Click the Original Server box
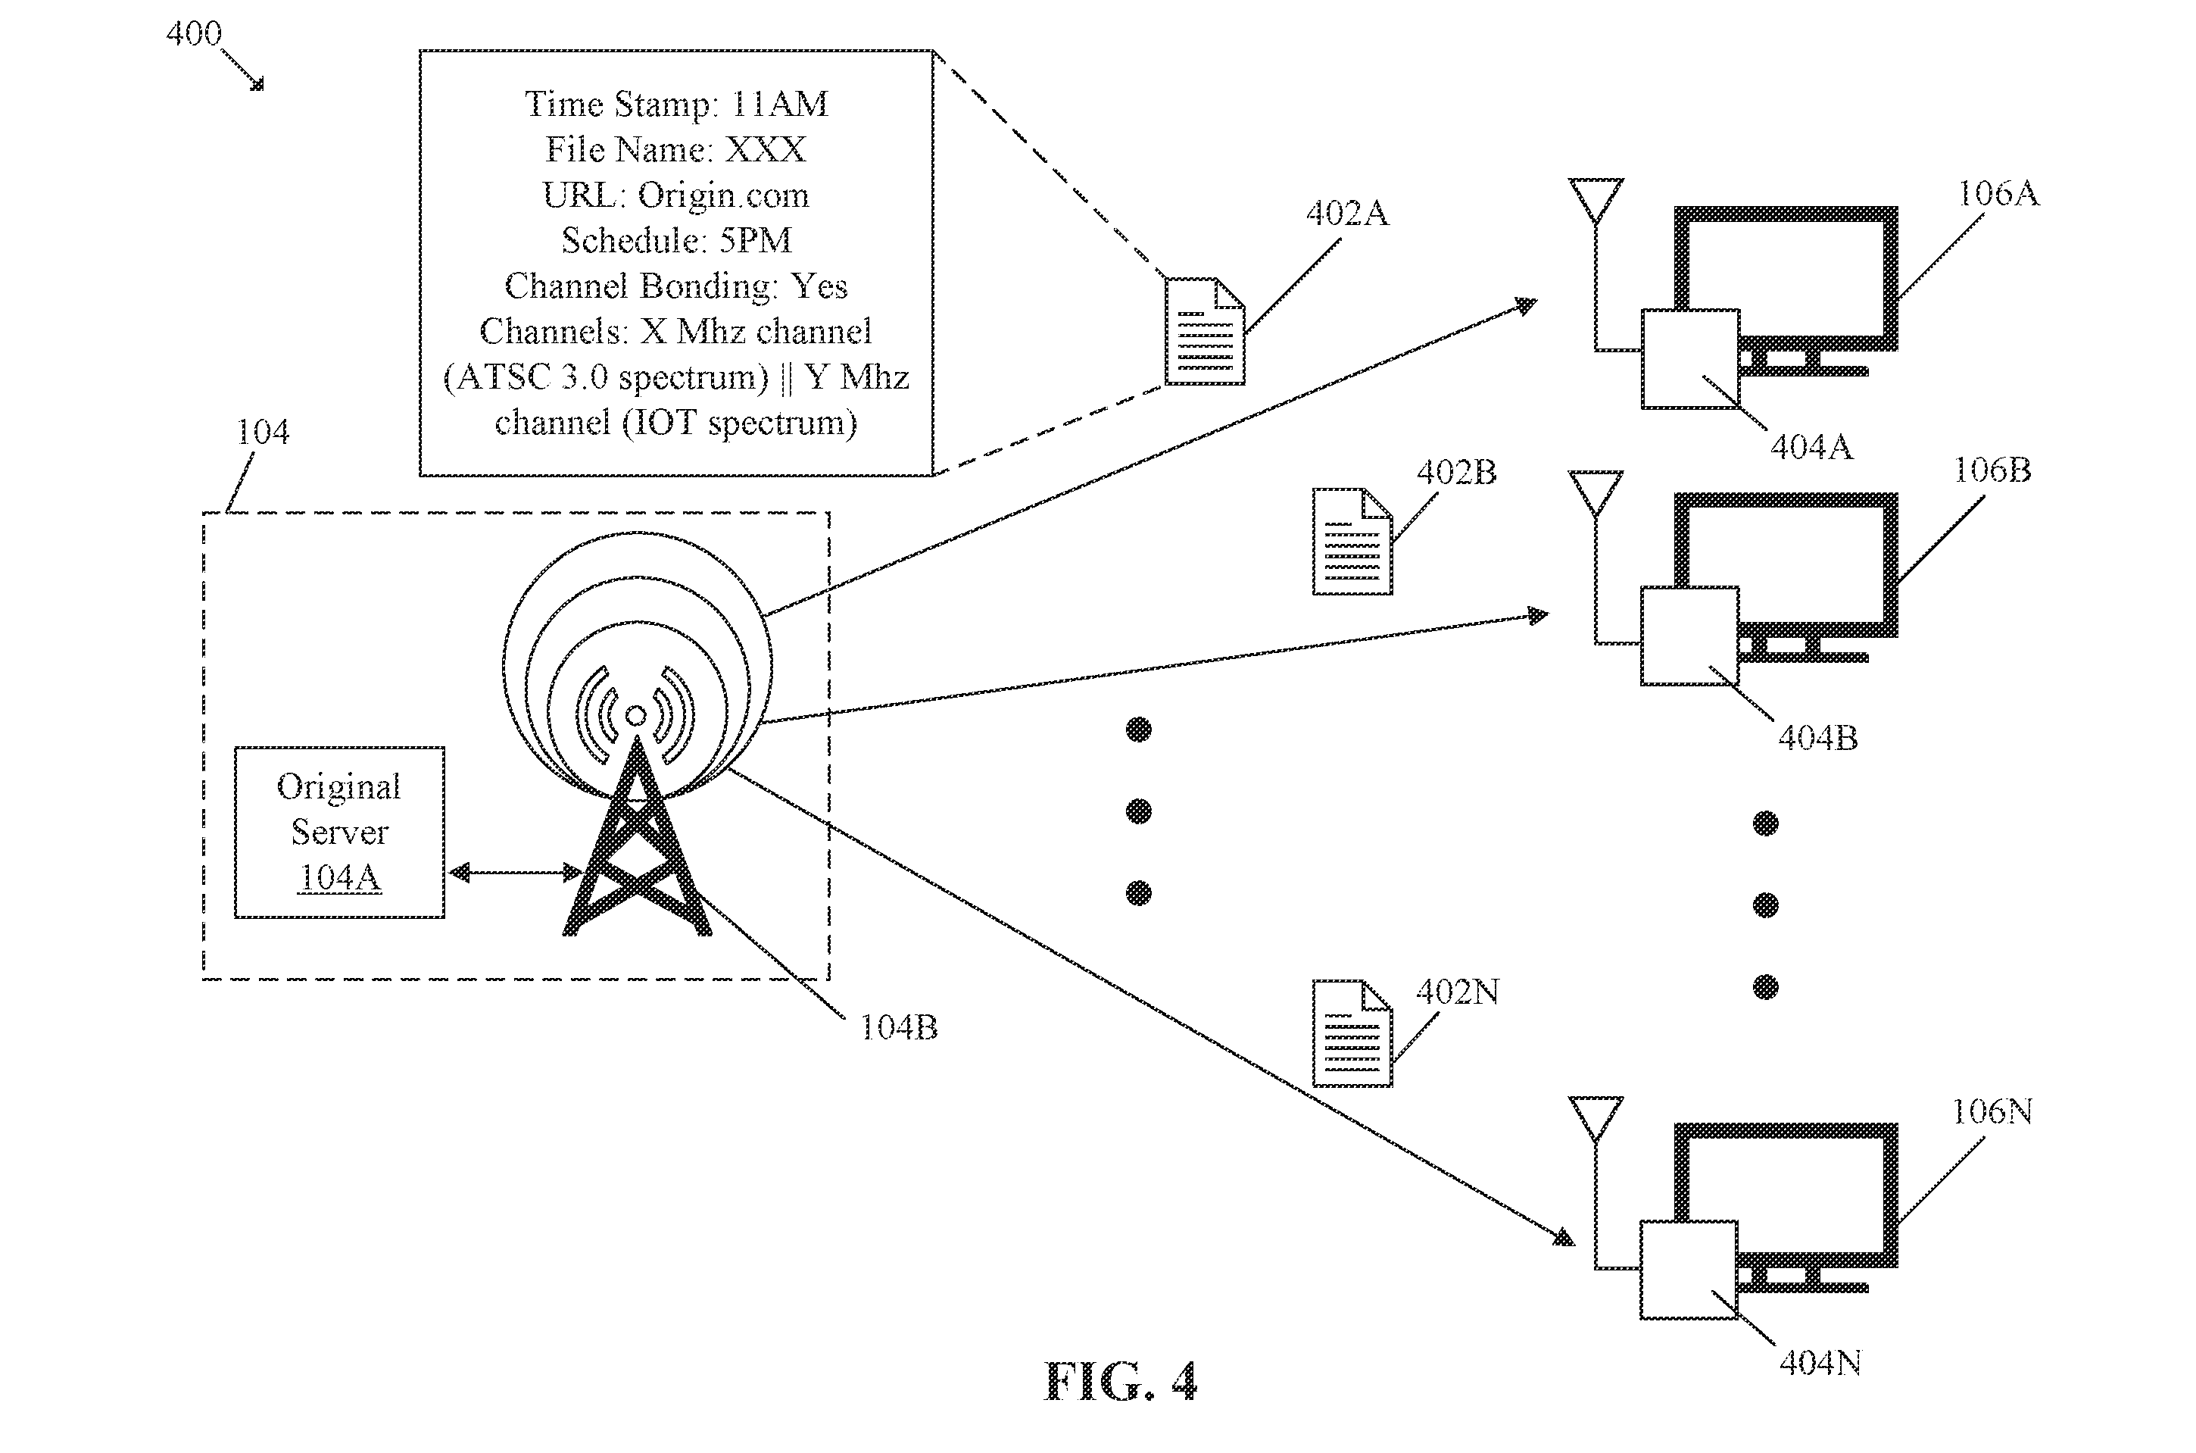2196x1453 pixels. click(339, 832)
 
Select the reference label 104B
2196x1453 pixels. click(898, 1026)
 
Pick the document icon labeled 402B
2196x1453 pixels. click(1352, 541)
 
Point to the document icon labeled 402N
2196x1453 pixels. click(1352, 1033)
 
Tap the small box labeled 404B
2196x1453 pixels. click(1689, 636)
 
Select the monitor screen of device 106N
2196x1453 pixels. click(1786, 1195)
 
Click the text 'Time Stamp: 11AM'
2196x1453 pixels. click(676, 104)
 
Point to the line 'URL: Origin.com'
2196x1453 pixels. click(675, 195)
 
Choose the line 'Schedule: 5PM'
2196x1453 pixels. click(676, 240)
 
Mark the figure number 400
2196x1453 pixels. click(194, 33)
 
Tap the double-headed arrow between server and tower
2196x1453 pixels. click(515, 872)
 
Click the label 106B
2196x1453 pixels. click(1992, 470)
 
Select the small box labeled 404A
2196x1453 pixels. click(1690, 358)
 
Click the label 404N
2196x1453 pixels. click(1820, 1362)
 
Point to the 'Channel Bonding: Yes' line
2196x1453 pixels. click(676, 286)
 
